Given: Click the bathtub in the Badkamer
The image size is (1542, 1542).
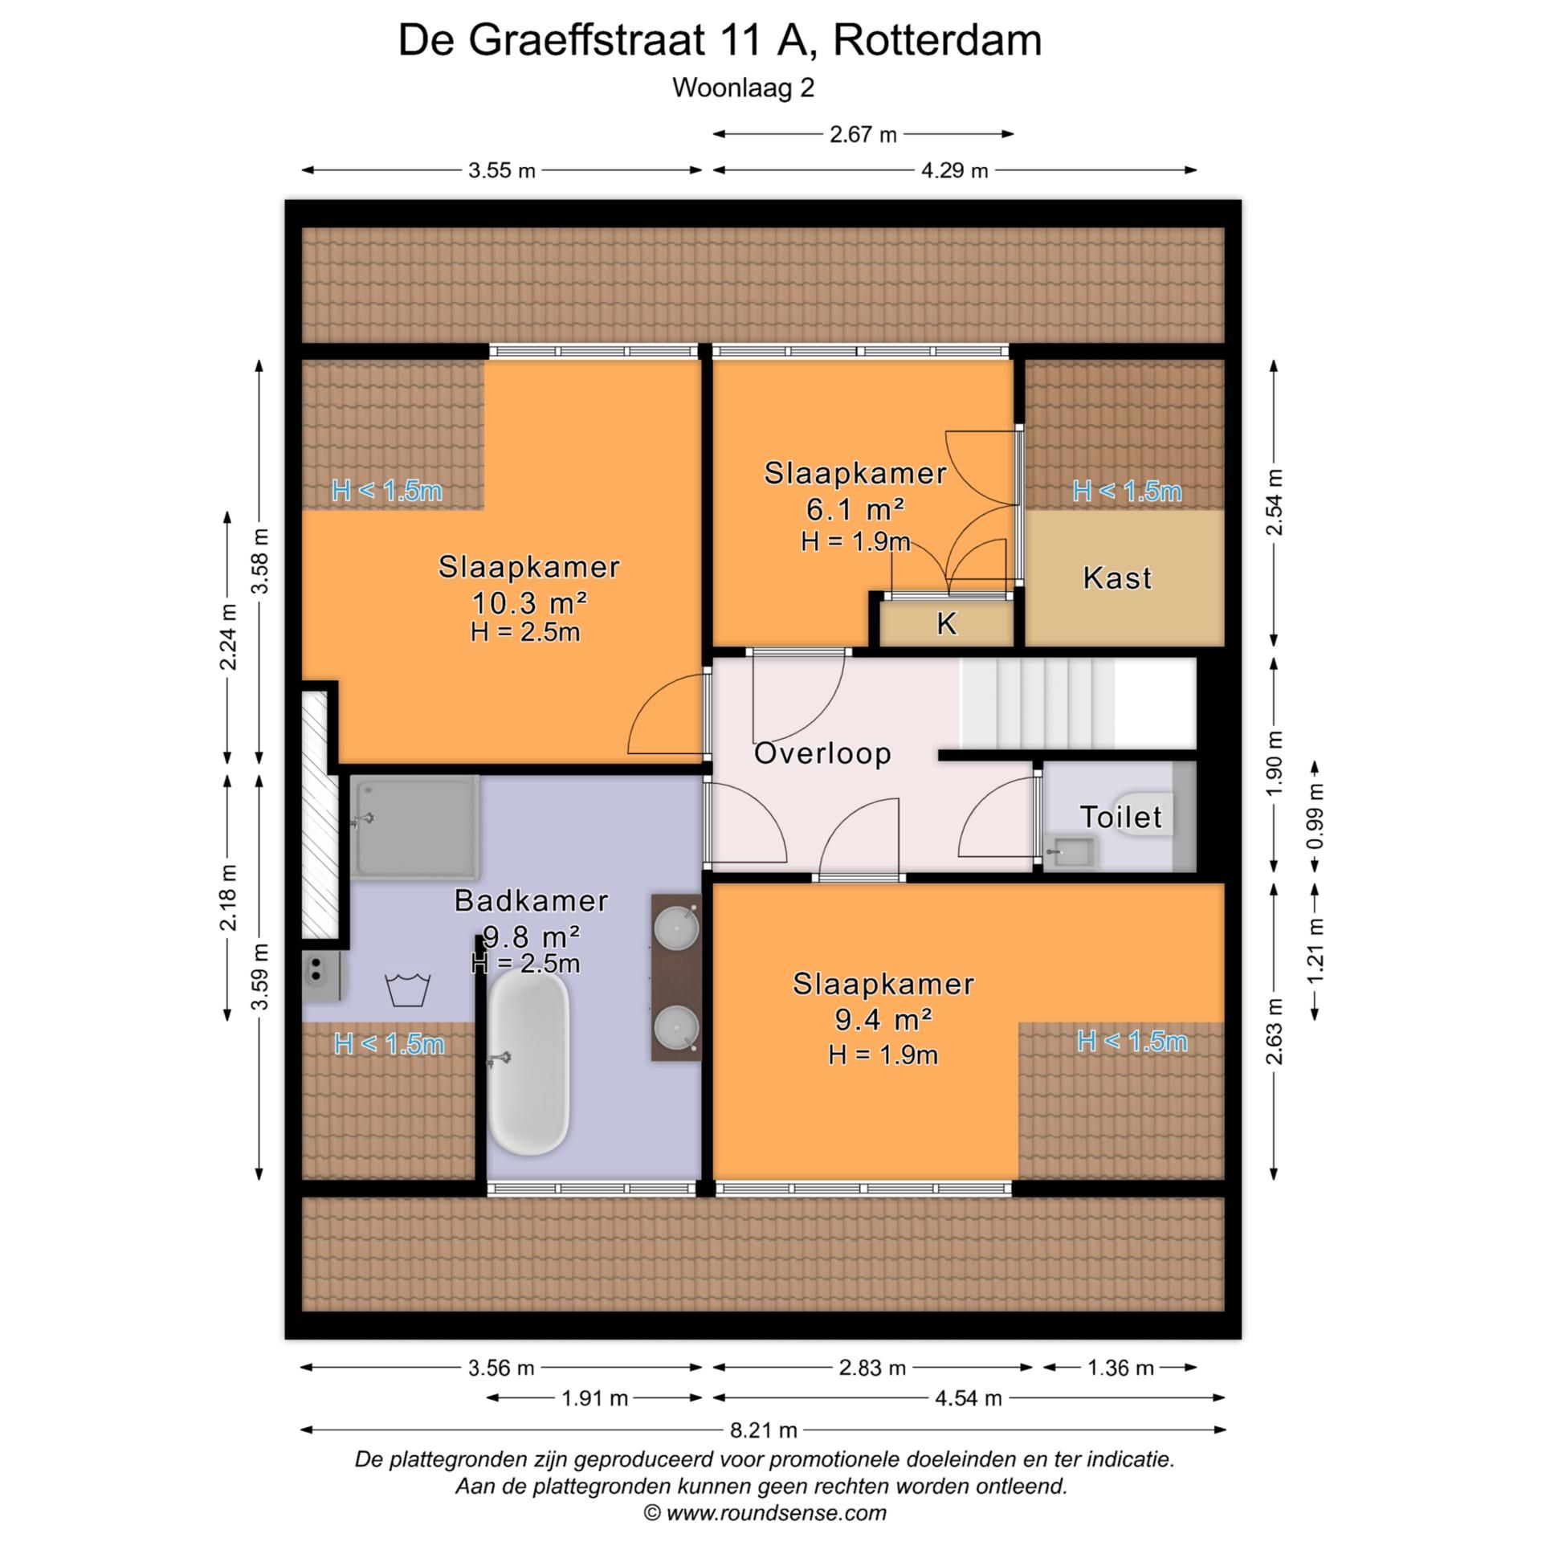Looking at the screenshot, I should [528, 1064].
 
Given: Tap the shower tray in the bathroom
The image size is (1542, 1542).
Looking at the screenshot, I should [416, 827].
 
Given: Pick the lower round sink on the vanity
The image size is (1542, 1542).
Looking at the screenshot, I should [675, 1028].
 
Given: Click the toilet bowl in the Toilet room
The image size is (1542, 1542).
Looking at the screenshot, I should [1144, 814].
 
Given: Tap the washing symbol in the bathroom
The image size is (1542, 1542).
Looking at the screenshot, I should [408, 989].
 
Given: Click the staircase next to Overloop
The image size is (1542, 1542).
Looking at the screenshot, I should [1076, 704].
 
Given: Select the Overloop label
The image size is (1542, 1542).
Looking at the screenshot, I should [822, 753].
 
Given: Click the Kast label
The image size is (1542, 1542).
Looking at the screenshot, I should [1117, 577].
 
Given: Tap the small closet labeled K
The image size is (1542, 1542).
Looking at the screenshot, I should [947, 624].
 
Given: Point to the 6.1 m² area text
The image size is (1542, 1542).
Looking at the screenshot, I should [855, 508].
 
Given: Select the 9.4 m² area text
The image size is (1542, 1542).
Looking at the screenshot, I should [883, 1019].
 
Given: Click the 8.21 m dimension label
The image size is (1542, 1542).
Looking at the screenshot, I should [764, 1430].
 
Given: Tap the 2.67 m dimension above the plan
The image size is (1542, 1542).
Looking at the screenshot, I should [863, 134].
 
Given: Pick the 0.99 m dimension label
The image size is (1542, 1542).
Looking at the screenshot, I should [1316, 816].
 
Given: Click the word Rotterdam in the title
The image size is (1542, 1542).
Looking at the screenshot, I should [937, 40].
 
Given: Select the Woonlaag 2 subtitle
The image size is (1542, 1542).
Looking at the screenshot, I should [743, 88].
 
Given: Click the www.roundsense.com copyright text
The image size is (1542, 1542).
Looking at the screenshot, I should [765, 1513].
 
